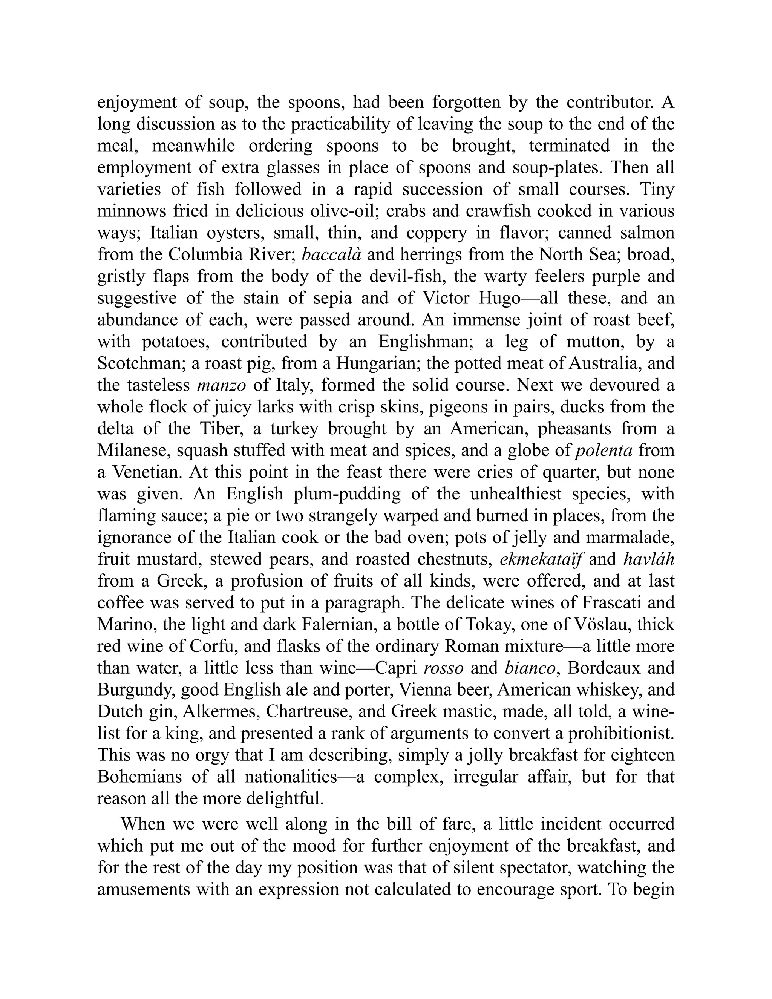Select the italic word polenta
(604, 450)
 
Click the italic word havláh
(649, 559)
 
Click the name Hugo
(499, 298)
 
